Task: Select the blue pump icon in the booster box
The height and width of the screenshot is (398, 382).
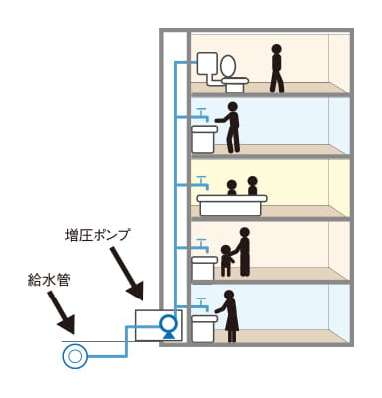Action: (167, 324)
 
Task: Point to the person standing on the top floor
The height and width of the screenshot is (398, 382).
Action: (276, 67)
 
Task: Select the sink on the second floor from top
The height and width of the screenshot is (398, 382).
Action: (204, 138)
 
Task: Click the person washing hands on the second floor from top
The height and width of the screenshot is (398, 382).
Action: (233, 127)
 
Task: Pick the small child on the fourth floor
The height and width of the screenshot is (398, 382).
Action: (225, 259)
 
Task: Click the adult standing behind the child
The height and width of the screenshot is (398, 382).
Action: (243, 252)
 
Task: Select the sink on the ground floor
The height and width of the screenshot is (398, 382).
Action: (204, 327)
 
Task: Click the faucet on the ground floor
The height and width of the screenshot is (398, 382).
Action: (203, 301)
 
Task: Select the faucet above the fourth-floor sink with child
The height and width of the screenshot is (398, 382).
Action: (203, 243)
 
